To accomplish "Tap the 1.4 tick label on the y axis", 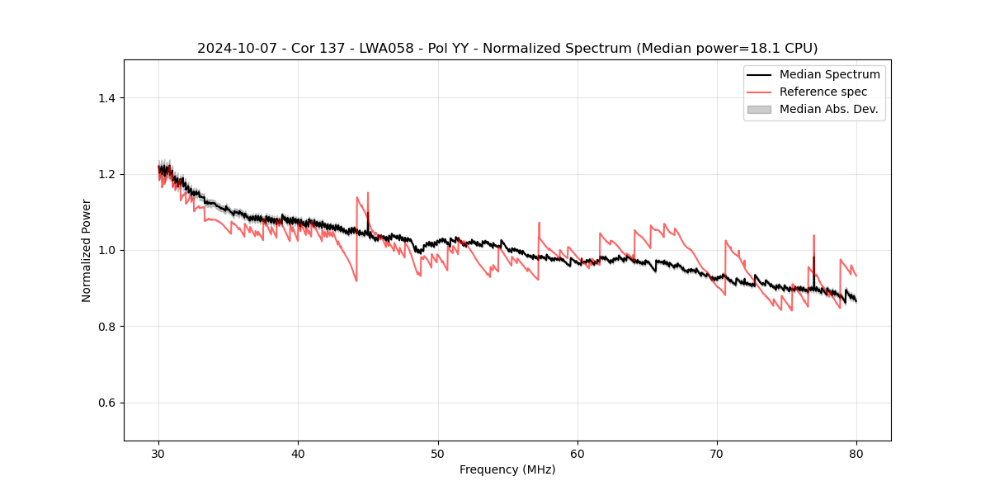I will pos(106,98).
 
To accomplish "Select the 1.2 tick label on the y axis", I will pos(106,174).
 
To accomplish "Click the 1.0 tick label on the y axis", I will pos(106,250).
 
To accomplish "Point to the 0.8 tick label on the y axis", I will pos(106,327).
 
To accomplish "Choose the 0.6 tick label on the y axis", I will pos(106,403).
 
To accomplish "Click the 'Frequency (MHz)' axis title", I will pos(507,469).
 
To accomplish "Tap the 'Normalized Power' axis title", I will pos(87,250).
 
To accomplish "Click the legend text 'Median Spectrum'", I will pos(829,74).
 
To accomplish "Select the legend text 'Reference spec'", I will pos(823,92).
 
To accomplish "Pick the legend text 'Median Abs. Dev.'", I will pos(829,109).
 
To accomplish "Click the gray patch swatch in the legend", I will pos(759,109).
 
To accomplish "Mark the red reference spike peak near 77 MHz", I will pos(813,235).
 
